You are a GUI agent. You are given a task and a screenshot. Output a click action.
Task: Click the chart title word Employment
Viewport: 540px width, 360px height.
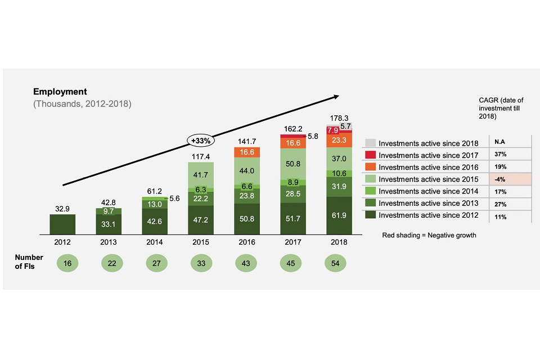60,92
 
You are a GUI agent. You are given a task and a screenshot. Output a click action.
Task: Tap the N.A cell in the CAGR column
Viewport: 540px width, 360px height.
498,143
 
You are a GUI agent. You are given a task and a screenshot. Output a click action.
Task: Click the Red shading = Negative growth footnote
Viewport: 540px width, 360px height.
429,235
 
